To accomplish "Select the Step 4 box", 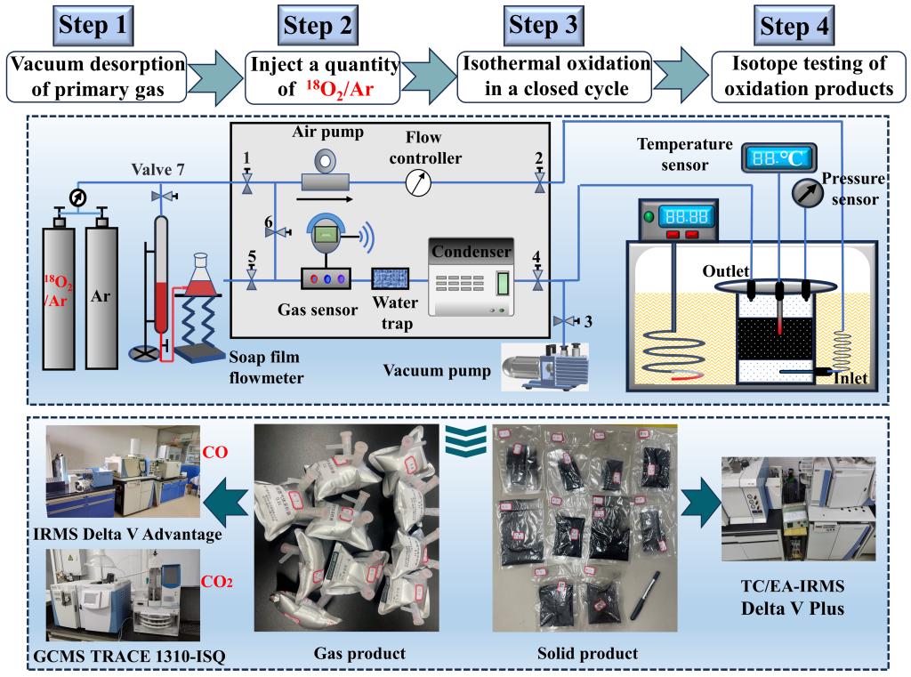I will (794, 26).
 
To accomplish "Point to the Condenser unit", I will (472, 277).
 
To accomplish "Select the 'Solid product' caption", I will (588, 654).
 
